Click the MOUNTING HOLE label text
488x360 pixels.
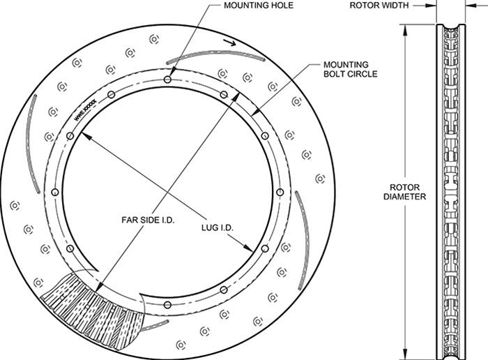(x=258, y=6)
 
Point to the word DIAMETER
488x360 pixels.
(x=404, y=197)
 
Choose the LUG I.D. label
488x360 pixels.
(x=217, y=228)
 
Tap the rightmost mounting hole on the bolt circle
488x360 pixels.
(x=279, y=190)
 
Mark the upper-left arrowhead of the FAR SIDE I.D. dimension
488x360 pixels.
(x=83, y=135)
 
